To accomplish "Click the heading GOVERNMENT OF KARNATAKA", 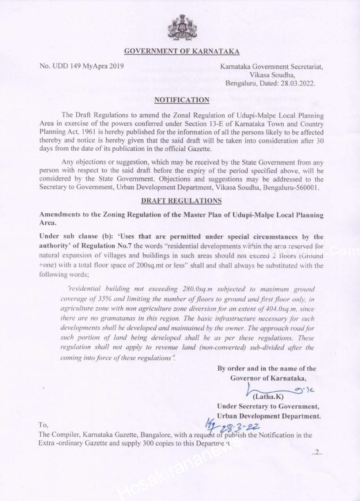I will [x=182, y=51].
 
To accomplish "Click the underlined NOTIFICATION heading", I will [x=182, y=100].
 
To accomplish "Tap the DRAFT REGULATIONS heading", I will [x=181, y=201].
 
